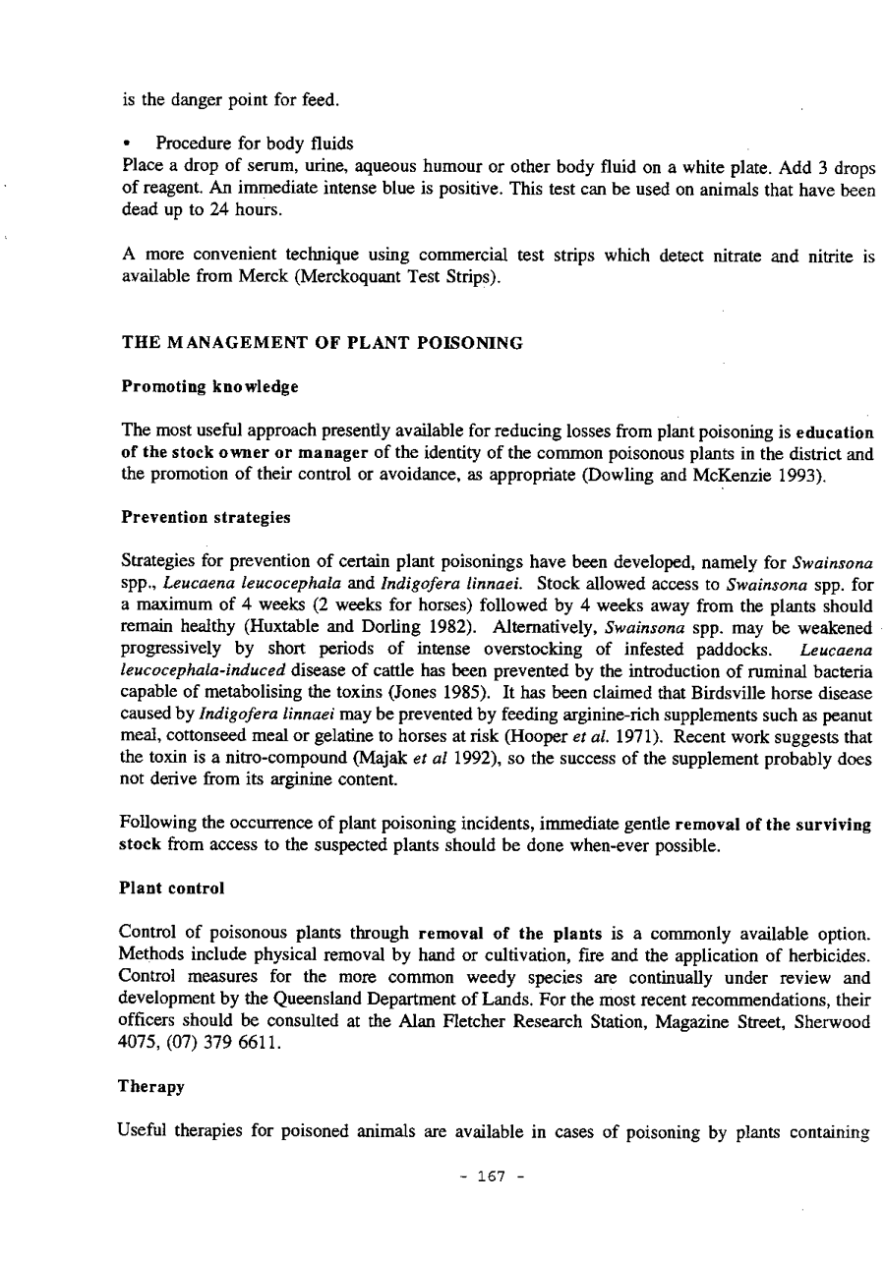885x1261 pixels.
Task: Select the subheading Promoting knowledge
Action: tap(209, 386)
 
